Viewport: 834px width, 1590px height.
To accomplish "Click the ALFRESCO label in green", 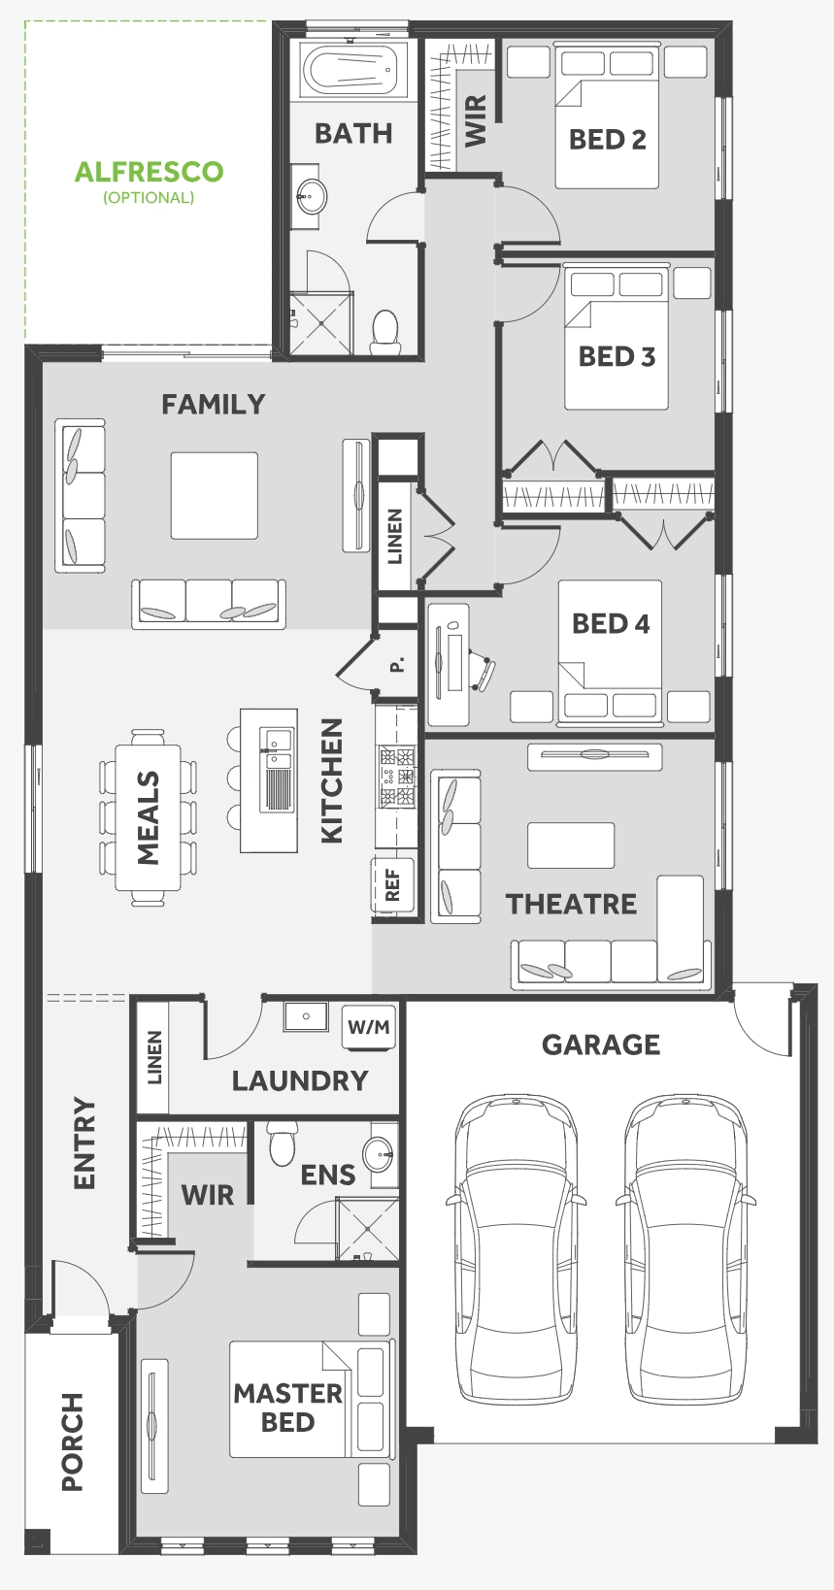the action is (x=150, y=172).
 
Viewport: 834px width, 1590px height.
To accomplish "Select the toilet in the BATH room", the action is (x=385, y=331).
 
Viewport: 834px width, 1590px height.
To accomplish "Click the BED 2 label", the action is (x=608, y=139).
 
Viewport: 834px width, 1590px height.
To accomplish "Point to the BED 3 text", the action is (x=617, y=356).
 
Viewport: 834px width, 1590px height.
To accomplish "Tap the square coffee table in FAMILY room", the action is (x=215, y=495).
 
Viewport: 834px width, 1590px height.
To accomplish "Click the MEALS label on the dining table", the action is (x=148, y=817).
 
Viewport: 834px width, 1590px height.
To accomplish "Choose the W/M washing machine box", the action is (x=368, y=1027).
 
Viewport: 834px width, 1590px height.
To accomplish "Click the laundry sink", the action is (x=306, y=1016).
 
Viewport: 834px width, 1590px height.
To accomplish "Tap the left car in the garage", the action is (x=516, y=1248).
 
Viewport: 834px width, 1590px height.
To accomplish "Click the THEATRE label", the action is (x=571, y=905).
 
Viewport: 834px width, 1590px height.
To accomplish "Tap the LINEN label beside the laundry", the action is (x=154, y=1058).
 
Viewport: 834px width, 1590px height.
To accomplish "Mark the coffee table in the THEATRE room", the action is (x=571, y=845).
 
